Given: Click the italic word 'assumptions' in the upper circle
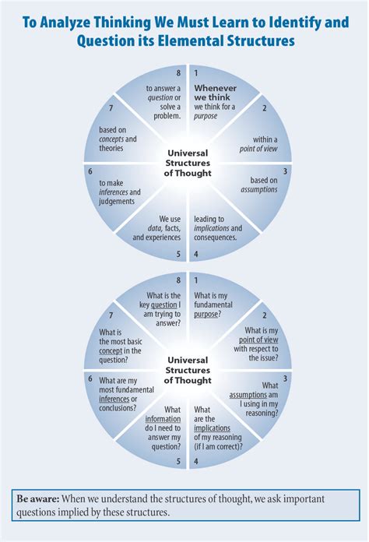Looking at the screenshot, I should coord(259,188).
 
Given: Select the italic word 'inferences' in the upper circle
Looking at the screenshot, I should coord(115,192).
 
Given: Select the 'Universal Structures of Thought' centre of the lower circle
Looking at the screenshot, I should coord(188,370).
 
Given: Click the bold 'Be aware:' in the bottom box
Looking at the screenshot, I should coord(36,498).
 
